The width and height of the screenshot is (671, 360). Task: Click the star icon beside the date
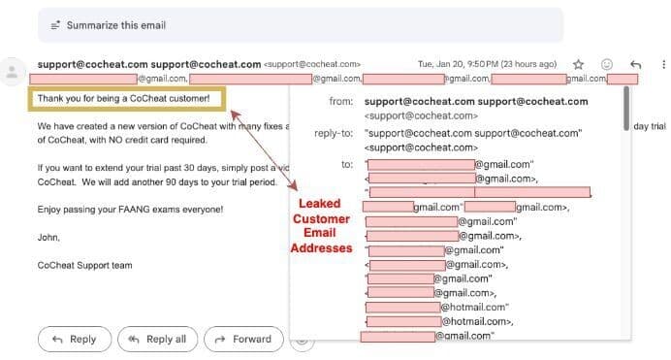coord(578,64)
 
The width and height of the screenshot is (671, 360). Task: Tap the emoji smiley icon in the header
coord(607,64)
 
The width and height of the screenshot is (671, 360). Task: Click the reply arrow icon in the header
coord(636,64)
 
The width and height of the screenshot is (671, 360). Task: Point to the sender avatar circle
coord(13,72)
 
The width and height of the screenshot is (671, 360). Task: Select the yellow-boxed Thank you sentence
coord(123,99)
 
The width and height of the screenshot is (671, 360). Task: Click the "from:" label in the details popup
coord(340,101)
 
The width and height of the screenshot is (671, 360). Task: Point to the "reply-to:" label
coord(334,133)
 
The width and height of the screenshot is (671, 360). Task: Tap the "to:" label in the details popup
coord(346,164)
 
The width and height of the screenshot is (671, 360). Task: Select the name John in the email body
coord(48,236)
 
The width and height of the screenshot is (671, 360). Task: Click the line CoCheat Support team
coord(85,264)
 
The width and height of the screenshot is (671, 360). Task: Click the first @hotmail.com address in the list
coord(470,307)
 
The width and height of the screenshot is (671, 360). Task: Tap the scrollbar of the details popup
coord(625,107)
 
